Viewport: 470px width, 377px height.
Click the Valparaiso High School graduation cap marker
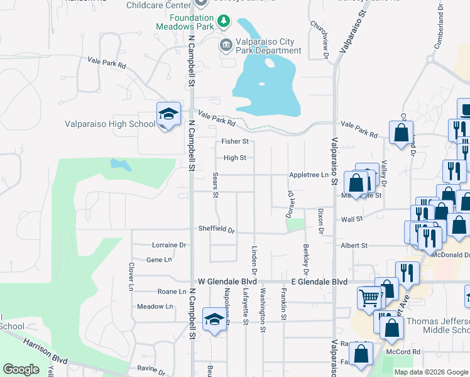coord(168,114)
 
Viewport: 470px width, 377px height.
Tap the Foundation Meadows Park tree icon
coord(224,22)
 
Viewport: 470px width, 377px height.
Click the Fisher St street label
coord(236,141)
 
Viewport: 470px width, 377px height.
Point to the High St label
coord(234,158)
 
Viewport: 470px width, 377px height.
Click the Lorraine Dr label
coord(170,245)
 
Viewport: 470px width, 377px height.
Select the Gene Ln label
coord(158,260)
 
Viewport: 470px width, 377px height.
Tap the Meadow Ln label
coord(155,307)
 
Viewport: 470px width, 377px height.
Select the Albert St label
coord(355,246)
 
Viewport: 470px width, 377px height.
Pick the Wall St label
coord(352,219)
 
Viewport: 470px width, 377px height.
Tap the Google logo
coord(21,369)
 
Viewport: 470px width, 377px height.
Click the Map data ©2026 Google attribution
coord(430,372)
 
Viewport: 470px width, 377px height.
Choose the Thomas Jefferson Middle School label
coord(438,325)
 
